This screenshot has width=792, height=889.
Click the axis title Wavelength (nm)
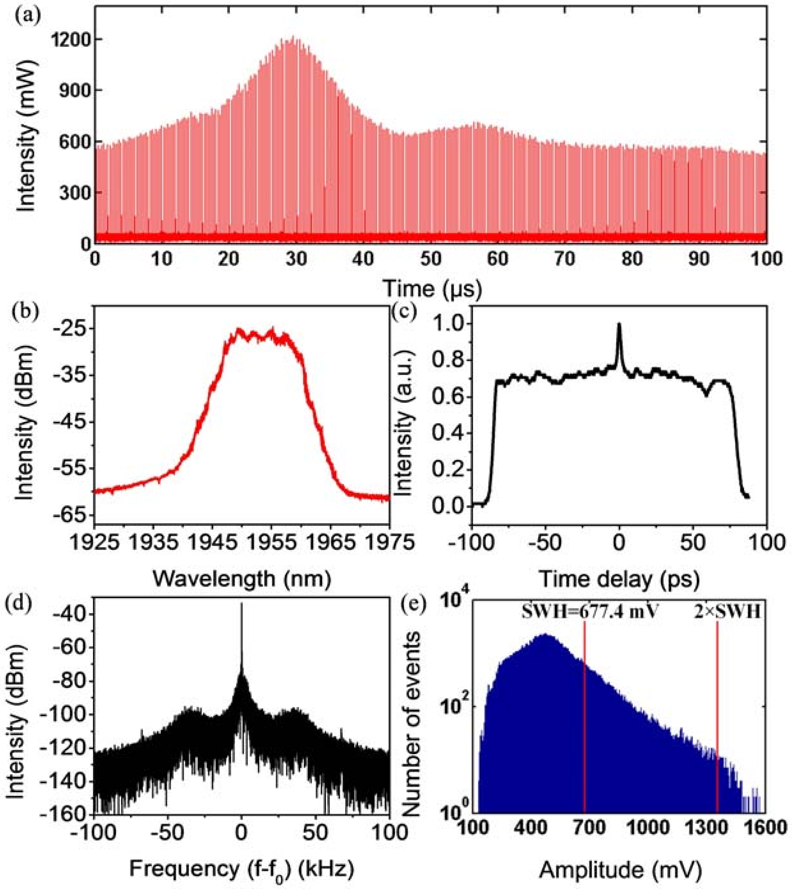242,579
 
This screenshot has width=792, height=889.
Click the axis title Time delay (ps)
619,579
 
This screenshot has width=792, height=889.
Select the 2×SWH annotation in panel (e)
727,612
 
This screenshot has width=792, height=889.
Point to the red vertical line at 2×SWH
717,718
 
